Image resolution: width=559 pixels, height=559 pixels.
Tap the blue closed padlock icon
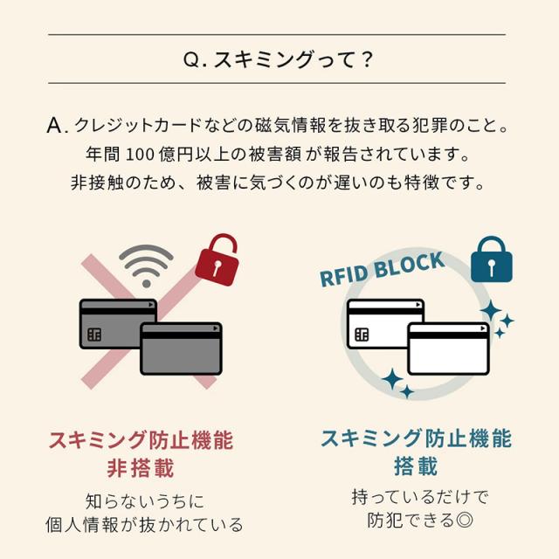tap(492, 260)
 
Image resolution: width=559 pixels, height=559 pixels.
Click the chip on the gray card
tap(94, 335)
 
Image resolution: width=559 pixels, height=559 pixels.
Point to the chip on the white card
tap(362, 335)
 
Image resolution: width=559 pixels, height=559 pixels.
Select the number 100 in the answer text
tap(140, 155)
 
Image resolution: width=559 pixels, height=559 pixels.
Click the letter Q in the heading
tap(192, 59)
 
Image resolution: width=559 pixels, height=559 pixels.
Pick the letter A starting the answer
tap(55, 125)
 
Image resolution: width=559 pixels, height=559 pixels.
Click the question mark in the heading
tap(367, 59)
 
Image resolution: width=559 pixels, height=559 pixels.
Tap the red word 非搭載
tap(141, 468)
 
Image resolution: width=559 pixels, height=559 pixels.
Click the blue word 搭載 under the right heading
tap(416, 466)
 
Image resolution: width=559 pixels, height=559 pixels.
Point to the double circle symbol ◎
tap(464, 521)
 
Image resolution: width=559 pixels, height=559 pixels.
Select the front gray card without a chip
tap(181, 349)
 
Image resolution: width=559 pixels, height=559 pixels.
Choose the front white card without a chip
tap(449, 349)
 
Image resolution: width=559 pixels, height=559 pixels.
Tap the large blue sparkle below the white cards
tap(392, 379)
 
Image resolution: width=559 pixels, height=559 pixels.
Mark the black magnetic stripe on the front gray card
tap(181, 335)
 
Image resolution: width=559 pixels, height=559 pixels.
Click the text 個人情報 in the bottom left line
tap(81, 525)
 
